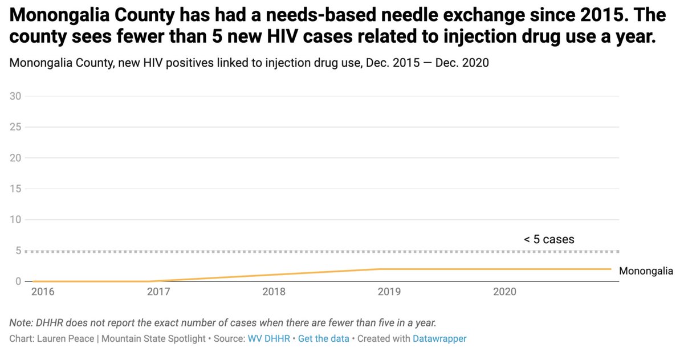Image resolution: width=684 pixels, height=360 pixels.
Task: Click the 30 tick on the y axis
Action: coord(15,96)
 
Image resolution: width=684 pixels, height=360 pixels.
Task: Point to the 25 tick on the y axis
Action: coord(15,127)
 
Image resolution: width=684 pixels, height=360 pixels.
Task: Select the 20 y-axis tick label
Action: coord(15,158)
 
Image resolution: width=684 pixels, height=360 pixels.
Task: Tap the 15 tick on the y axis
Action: coord(15,189)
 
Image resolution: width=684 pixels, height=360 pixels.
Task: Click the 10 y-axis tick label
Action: coord(15,220)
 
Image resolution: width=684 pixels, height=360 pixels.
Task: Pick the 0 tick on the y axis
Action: coord(18,281)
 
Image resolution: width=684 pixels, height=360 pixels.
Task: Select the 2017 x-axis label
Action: coord(158,292)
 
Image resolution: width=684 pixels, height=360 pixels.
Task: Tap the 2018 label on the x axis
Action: coord(274,292)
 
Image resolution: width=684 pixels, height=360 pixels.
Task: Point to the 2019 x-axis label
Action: coord(389,292)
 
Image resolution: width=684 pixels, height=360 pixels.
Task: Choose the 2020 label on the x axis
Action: coord(505,292)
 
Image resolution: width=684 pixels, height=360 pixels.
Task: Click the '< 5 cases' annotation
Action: coord(549,239)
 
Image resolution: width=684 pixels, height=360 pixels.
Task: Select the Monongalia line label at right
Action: coord(646,271)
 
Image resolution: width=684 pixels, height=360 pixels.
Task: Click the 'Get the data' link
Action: coord(323,338)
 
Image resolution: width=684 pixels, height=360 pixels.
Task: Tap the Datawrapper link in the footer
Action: coord(439,338)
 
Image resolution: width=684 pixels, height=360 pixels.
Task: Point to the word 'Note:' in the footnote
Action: coord(22,323)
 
